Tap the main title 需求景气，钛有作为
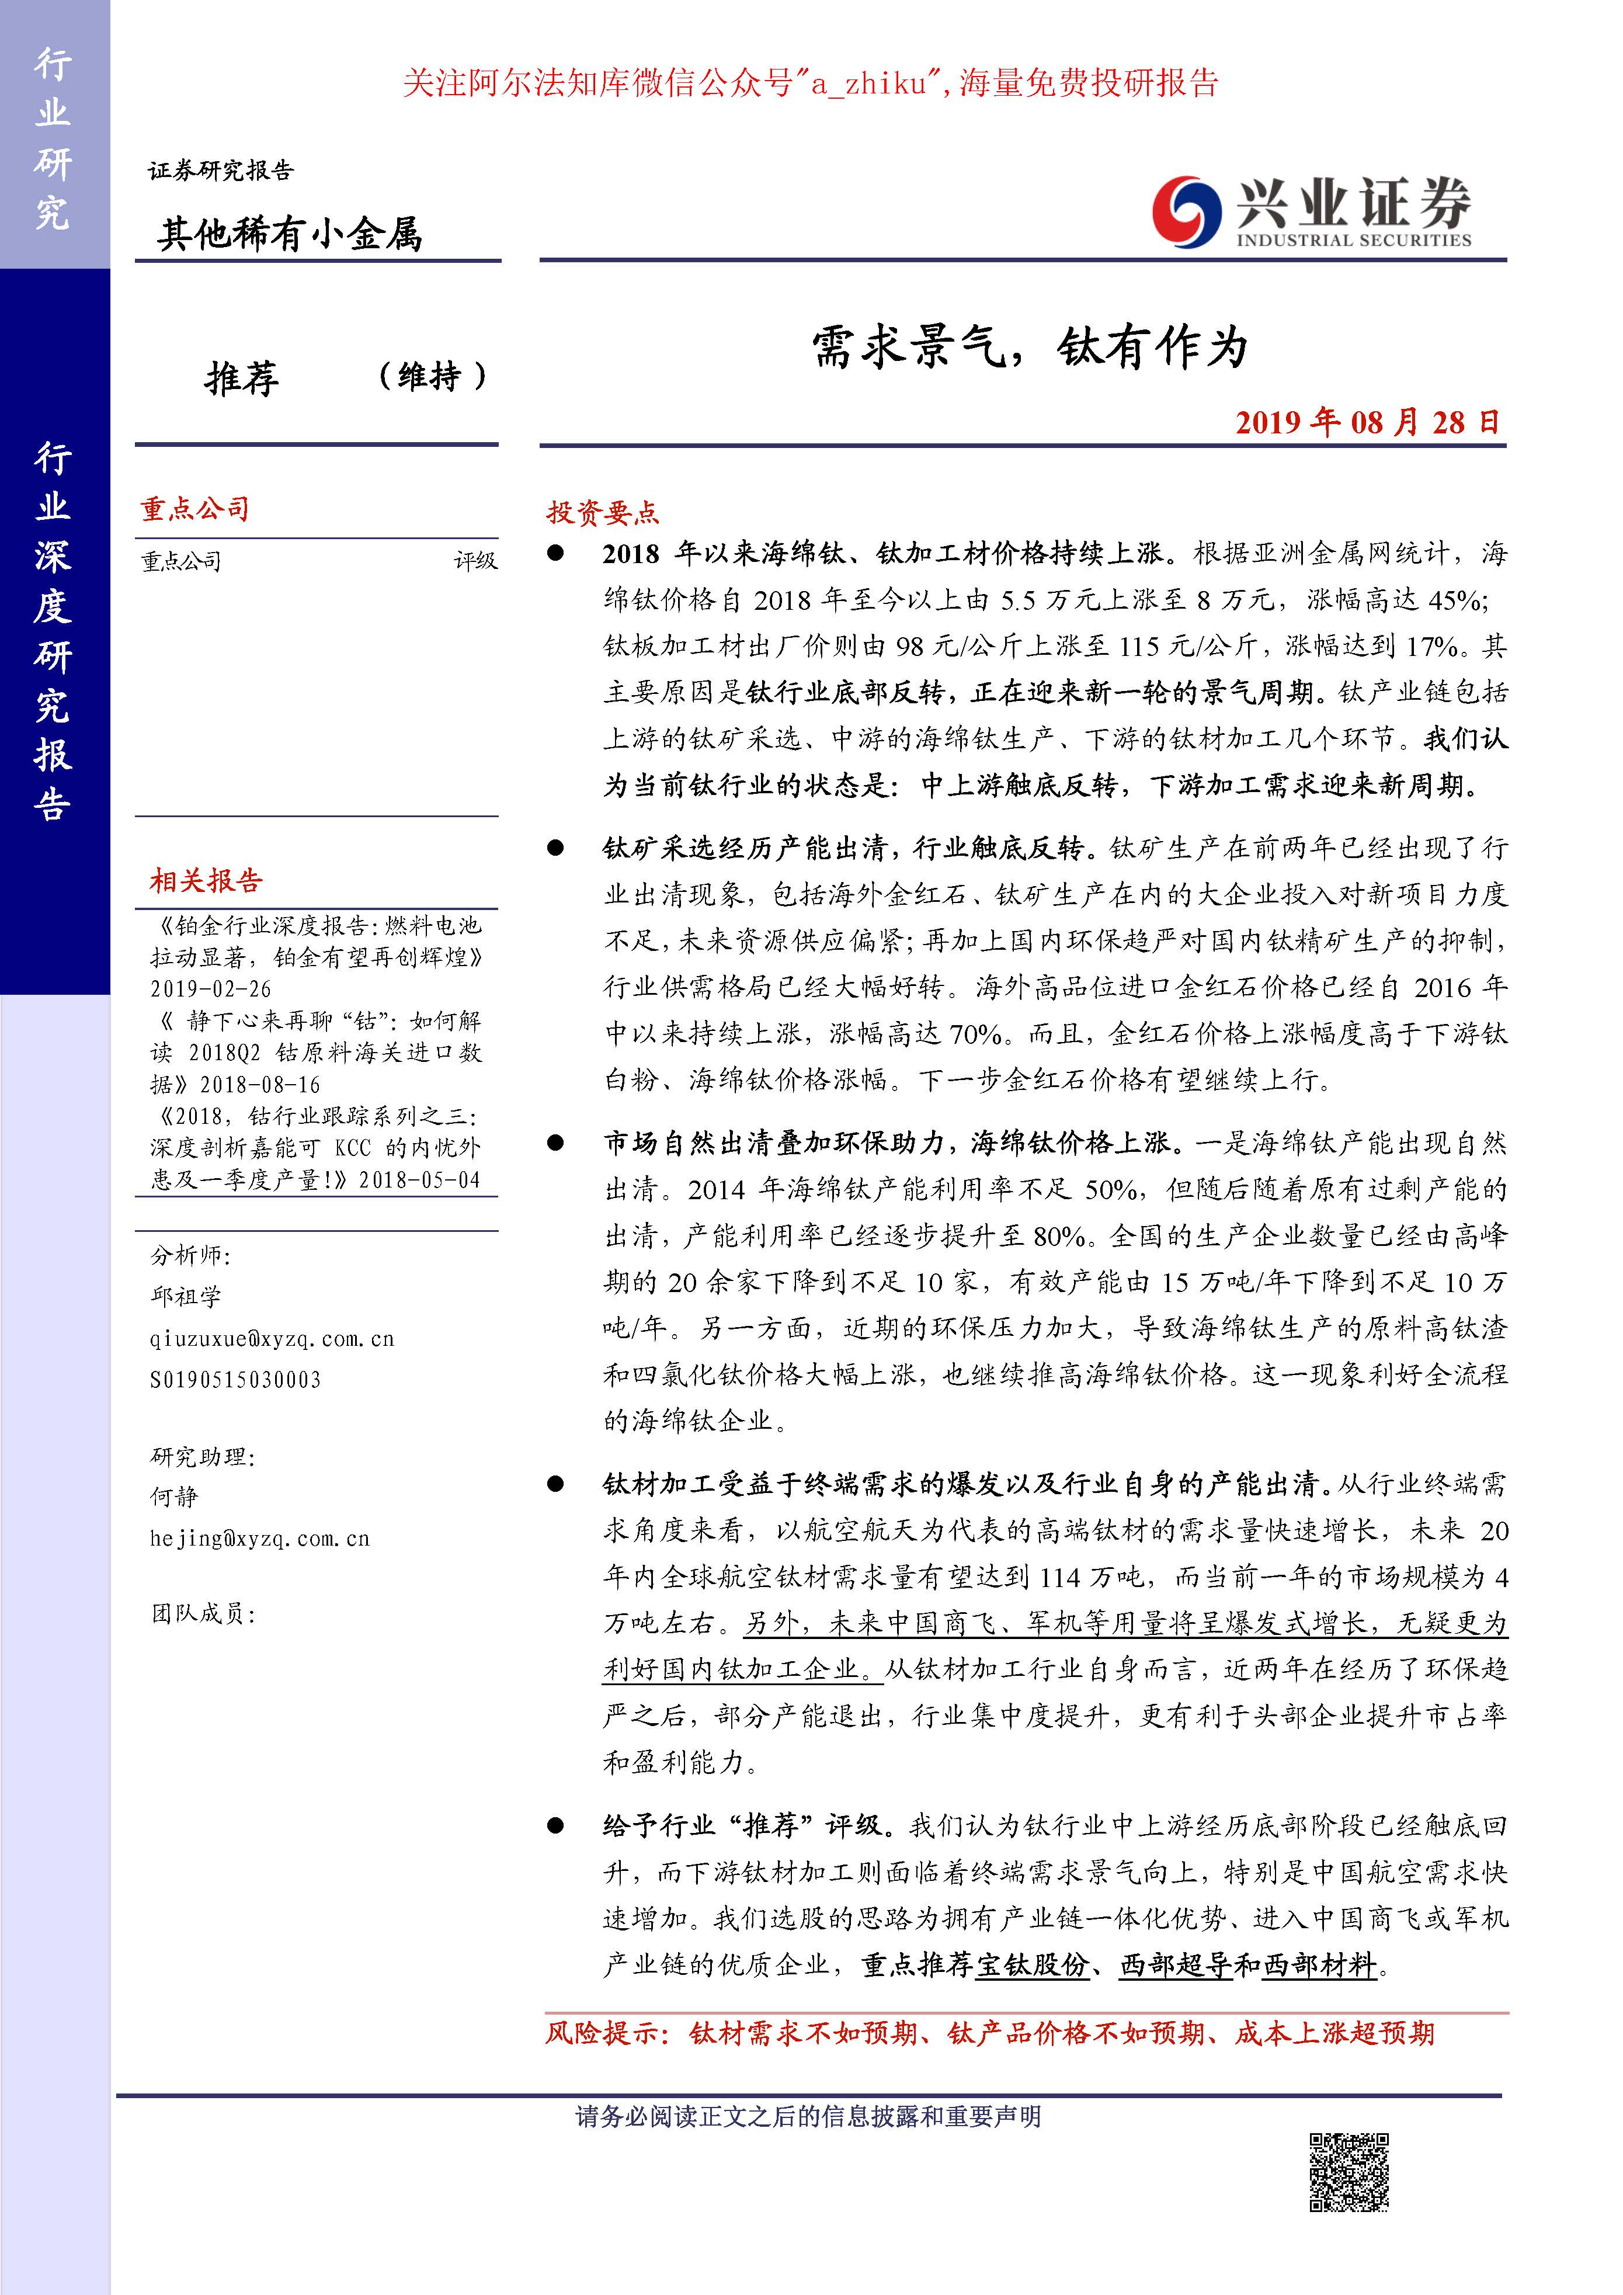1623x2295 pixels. point(1030,349)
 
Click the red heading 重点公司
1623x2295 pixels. point(195,510)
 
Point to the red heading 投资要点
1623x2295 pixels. point(603,513)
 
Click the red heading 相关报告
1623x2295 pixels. point(206,881)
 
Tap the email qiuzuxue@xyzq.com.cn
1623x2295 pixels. point(272,1338)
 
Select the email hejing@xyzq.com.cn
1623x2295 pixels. point(260,1539)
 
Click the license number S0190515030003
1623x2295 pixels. point(236,1380)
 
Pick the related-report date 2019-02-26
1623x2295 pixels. point(211,988)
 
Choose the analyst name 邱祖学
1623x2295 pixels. point(186,1296)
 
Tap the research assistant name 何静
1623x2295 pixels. point(175,1497)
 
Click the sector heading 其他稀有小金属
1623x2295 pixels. point(290,234)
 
